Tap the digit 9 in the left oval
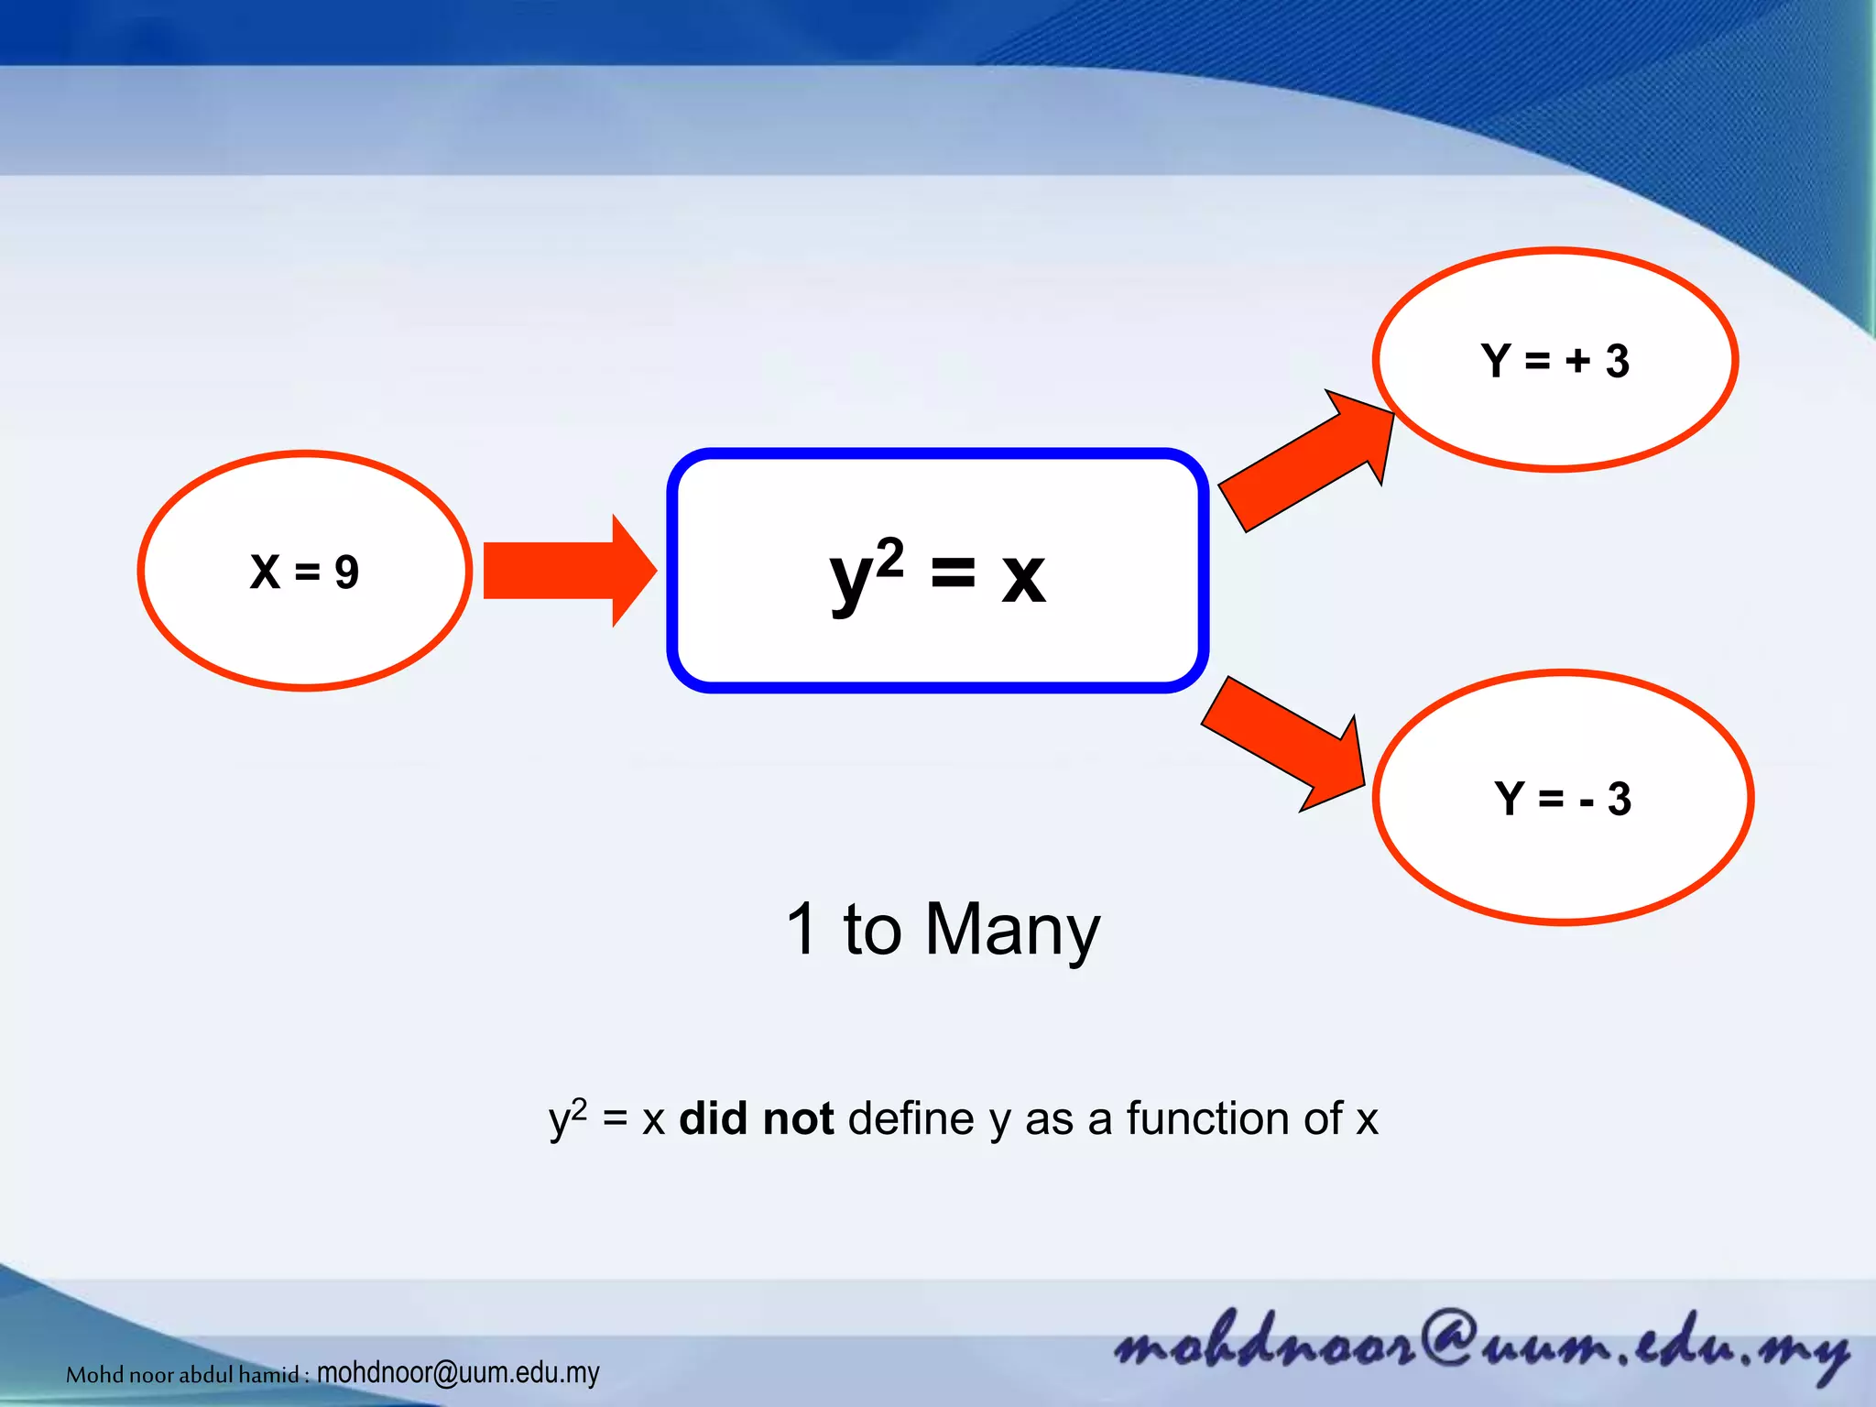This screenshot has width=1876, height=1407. click(347, 573)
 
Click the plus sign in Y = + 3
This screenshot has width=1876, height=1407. click(1577, 360)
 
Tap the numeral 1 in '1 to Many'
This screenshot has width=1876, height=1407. click(802, 929)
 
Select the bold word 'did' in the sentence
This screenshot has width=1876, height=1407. click(713, 1118)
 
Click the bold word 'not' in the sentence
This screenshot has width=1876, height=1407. click(798, 1118)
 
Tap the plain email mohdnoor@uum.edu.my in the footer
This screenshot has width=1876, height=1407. click(458, 1372)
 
